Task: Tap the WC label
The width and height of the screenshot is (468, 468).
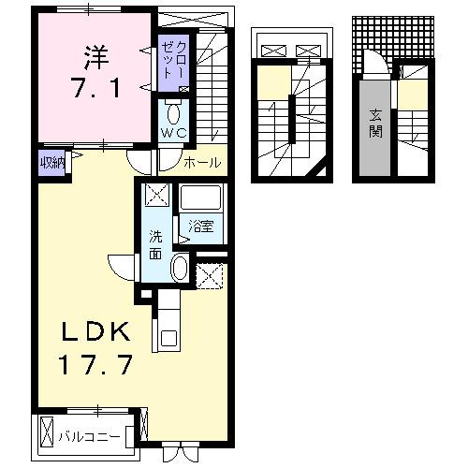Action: click(x=174, y=134)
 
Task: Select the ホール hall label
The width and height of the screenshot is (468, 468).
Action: click(x=203, y=162)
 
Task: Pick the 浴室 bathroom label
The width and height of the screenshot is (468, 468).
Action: click(x=198, y=226)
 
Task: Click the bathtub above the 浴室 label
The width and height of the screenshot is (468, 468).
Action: click(x=199, y=199)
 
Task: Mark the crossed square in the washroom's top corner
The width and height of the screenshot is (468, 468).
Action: click(x=155, y=196)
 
